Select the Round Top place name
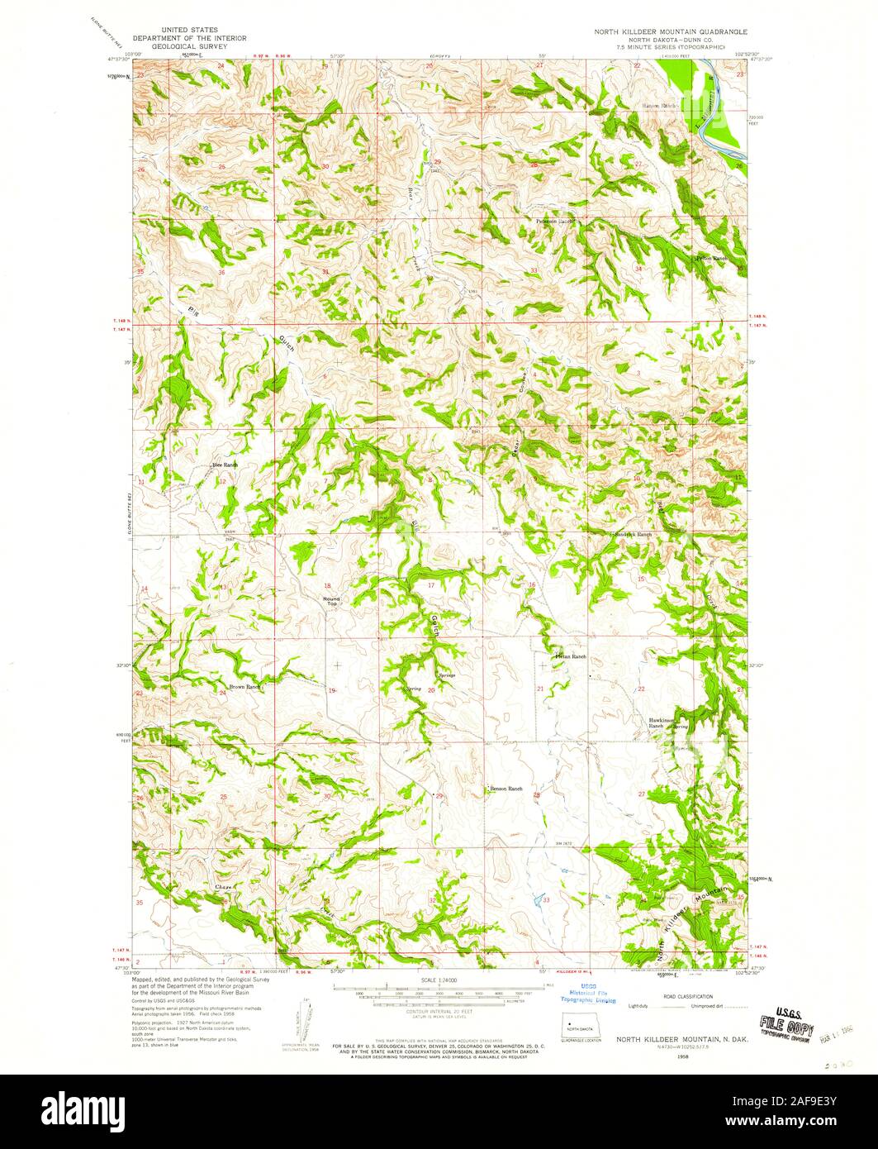click(330, 601)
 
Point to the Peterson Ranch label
click(553, 222)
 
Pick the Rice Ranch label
click(225, 465)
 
